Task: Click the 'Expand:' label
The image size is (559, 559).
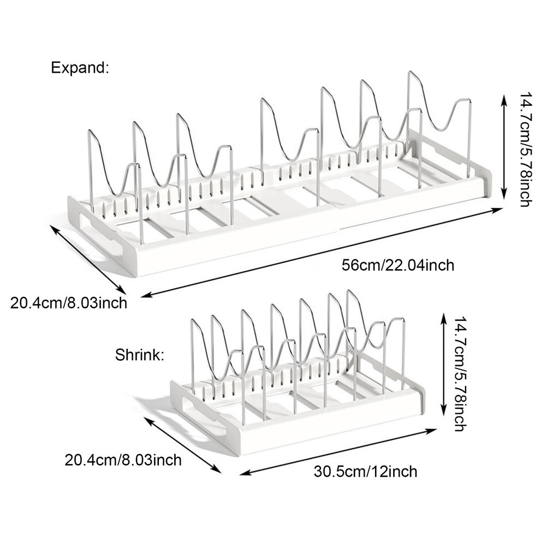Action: (80, 67)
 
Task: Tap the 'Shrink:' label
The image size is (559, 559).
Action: (139, 355)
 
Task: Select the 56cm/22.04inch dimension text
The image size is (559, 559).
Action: (398, 265)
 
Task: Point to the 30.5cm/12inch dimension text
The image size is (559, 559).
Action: (365, 472)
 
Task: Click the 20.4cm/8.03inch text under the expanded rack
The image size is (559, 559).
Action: (68, 303)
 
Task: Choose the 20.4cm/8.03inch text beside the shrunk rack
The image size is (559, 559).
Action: (123, 460)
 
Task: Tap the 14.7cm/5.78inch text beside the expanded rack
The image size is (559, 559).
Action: (525, 150)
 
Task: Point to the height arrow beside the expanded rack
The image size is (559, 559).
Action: (504, 147)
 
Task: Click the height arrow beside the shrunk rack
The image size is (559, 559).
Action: (444, 364)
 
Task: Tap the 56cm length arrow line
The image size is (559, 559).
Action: (322, 252)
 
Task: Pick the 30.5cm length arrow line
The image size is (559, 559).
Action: (338, 451)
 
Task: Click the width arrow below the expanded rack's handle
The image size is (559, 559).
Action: (88, 259)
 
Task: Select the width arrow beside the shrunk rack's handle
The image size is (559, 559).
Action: (182, 445)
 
